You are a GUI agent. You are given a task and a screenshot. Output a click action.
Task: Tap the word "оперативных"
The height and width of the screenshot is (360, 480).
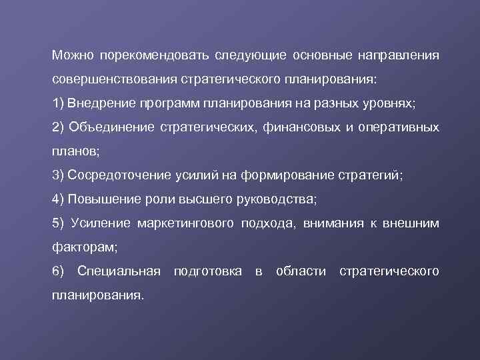click(399, 127)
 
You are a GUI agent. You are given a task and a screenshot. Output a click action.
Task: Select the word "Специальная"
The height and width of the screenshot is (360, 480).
click(119, 271)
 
